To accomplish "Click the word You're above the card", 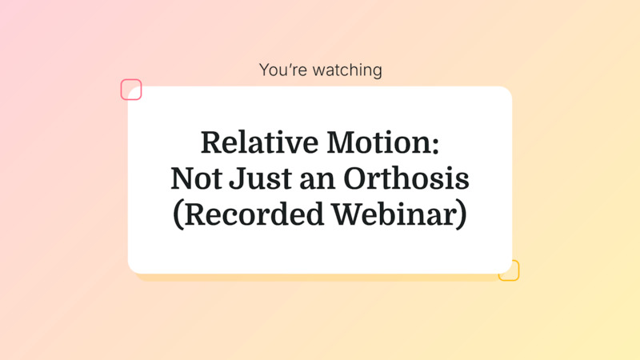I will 281,70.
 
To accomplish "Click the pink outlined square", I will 131,90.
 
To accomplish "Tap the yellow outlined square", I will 509,270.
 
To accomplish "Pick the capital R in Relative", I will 210,142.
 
